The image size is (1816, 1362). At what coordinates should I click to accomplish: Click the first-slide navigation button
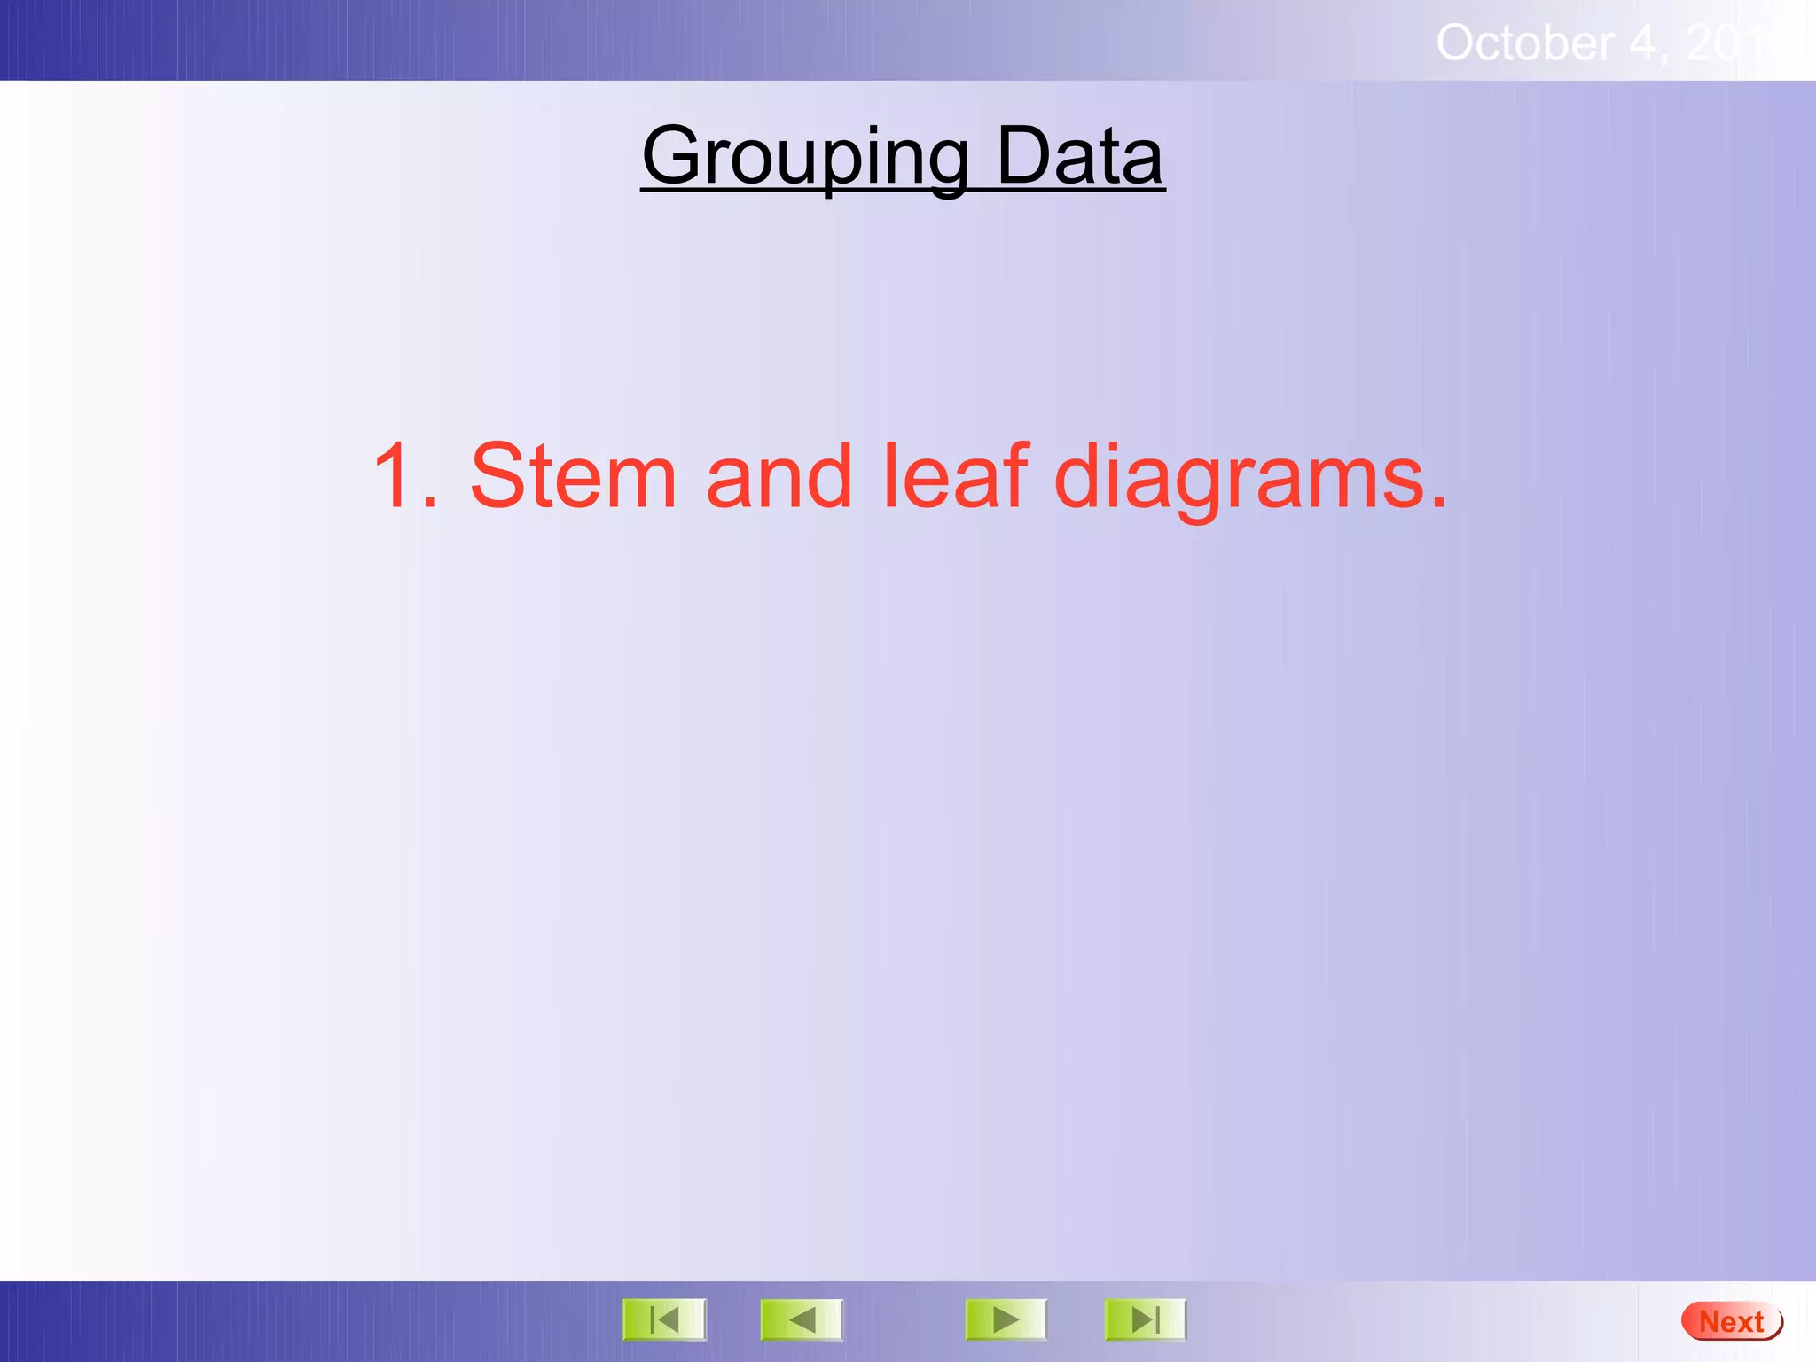pyautogui.click(x=664, y=1320)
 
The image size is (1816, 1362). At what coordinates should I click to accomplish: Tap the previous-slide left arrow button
pyautogui.click(x=802, y=1320)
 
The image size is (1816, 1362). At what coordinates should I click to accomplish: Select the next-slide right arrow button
pyautogui.click(x=1006, y=1320)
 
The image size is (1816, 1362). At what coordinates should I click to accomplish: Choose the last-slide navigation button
pyautogui.click(x=1145, y=1320)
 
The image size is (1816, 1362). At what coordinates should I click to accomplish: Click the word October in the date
pyautogui.click(x=1524, y=43)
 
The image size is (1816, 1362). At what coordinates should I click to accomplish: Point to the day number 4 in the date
pyautogui.click(x=1643, y=43)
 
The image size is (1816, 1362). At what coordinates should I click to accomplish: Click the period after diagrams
pyautogui.click(x=1437, y=502)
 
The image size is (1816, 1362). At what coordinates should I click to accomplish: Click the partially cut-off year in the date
pyautogui.click(x=1730, y=43)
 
